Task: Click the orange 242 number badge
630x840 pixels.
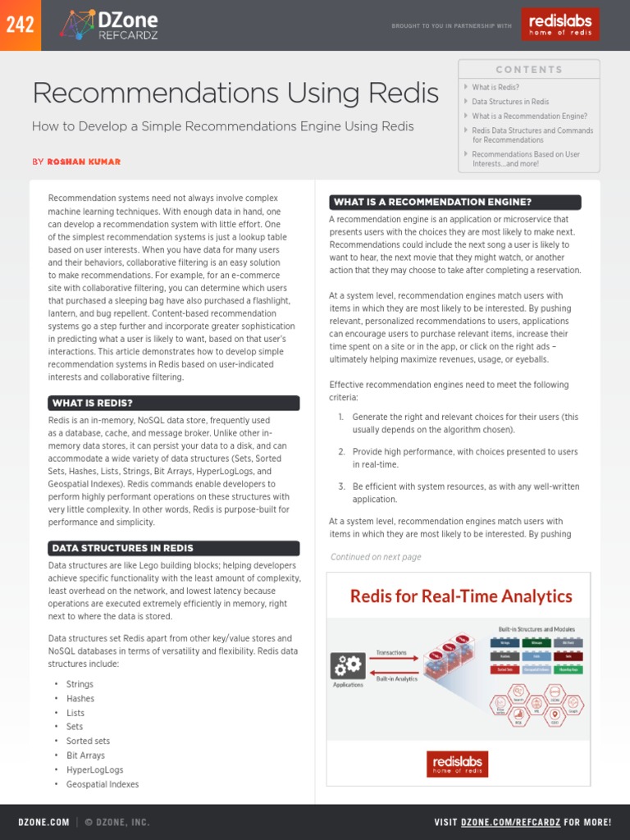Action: (x=20, y=25)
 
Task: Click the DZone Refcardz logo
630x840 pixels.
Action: (x=109, y=25)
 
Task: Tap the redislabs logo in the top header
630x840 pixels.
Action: (x=559, y=25)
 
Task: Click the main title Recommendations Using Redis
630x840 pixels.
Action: (x=235, y=94)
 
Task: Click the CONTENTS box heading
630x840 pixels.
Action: (x=529, y=70)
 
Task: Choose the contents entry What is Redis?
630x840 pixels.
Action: (x=495, y=87)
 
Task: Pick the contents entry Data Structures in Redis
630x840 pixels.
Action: (x=510, y=102)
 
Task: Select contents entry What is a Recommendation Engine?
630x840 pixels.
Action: (x=529, y=116)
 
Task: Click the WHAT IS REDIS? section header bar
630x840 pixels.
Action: (x=174, y=403)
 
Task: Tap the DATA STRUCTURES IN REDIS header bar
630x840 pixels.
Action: (x=174, y=548)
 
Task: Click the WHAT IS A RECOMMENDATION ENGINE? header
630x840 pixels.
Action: (x=454, y=202)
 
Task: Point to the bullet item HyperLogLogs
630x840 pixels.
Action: (x=94, y=770)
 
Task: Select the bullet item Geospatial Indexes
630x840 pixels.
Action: (x=103, y=784)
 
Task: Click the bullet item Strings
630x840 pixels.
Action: (x=80, y=684)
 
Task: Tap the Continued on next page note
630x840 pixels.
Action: (x=376, y=557)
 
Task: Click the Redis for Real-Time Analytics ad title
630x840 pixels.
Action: (x=461, y=596)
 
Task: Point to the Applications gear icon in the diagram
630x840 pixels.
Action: (x=347, y=665)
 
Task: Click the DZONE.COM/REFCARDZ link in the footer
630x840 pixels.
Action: (x=510, y=822)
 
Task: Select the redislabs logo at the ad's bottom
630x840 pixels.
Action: (x=458, y=764)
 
